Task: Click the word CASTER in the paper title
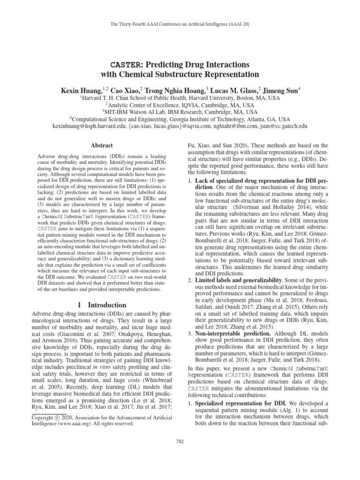click(x=123, y=64)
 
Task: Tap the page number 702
click(x=180, y=440)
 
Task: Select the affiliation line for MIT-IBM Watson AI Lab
click(x=180, y=112)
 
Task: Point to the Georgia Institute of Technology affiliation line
click(x=180, y=120)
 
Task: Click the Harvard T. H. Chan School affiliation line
click(x=180, y=98)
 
